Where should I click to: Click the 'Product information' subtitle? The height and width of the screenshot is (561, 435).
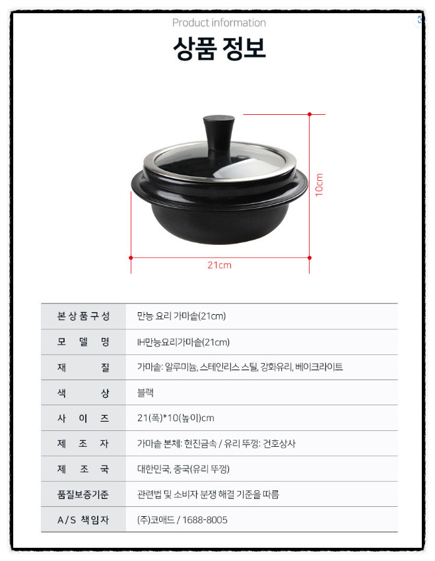[x=219, y=22]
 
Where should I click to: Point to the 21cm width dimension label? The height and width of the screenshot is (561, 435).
[x=220, y=265]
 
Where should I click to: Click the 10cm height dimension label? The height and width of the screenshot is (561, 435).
[x=319, y=185]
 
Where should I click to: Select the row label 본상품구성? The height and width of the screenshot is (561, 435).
[x=83, y=316]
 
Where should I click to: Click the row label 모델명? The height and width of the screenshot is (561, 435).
[x=83, y=342]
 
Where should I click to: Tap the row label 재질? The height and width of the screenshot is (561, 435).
[x=83, y=367]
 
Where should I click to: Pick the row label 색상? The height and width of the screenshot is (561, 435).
[x=83, y=393]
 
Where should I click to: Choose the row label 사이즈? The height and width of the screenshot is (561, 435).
[x=83, y=418]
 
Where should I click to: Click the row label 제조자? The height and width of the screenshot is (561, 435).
[x=83, y=444]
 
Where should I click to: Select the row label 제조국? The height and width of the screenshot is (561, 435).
[x=83, y=469]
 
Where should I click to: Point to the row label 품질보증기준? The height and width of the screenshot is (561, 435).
[x=83, y=494]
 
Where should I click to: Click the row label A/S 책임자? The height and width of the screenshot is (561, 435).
[x=83, y=520]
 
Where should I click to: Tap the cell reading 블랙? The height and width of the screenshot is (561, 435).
[x=147, y=393]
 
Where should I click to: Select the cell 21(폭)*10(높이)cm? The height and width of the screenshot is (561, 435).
[x=176, y=418]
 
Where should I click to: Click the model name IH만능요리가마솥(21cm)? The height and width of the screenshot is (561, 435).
[x=184, y=342]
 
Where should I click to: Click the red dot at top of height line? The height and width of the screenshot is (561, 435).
[x=310, y=114]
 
